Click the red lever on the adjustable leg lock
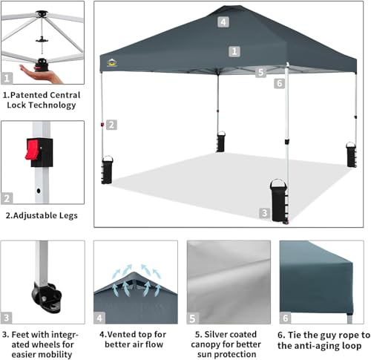pyautogui.click(x=31, y=149)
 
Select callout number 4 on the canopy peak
pyautogui.click(x=223, y=22)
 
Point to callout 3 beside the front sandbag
pyautogui.click(x=263, y=213)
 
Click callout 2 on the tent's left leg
pyautogui.click(x=111, y=125)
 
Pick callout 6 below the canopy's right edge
pyautogui.click(x=279, y=83)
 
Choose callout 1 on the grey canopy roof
pyautogui.click(x=234, y=51)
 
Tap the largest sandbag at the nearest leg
pyautogui.click(x=279, y=199)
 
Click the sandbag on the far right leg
pyautogui.click(x=351, y=154)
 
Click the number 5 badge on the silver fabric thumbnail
pyautogui.click(x=194, y=317)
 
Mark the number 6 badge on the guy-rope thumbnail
pyautogui.click(x=286, y=317)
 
